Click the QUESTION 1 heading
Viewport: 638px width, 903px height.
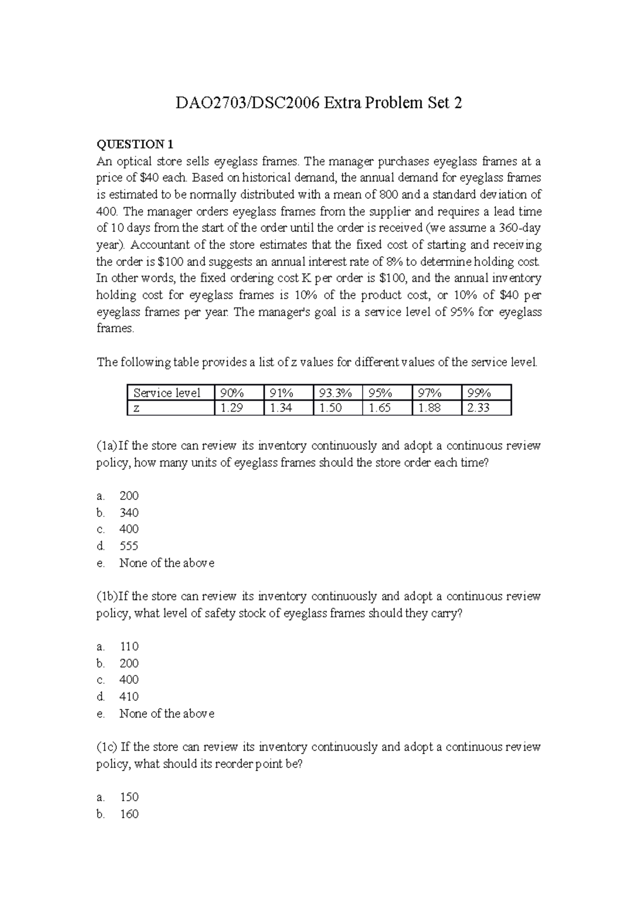pos(135,144)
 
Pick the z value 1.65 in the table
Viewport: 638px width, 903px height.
pos(380,408)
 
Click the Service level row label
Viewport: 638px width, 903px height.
pos(167,393)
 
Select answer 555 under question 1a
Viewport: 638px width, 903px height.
pos(129,546)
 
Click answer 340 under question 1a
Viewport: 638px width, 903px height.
pos(129,513)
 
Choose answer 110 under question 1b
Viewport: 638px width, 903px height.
pos(129,646)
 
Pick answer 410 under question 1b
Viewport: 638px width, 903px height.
pos(129,696)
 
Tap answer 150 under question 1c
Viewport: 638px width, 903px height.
pos(129,797)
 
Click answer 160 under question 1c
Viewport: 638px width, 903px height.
pos(129,814)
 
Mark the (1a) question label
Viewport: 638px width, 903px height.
pos(106,446)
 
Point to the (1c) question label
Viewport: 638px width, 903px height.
pos(106,747)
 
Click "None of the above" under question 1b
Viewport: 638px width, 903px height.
pos(166,713)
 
